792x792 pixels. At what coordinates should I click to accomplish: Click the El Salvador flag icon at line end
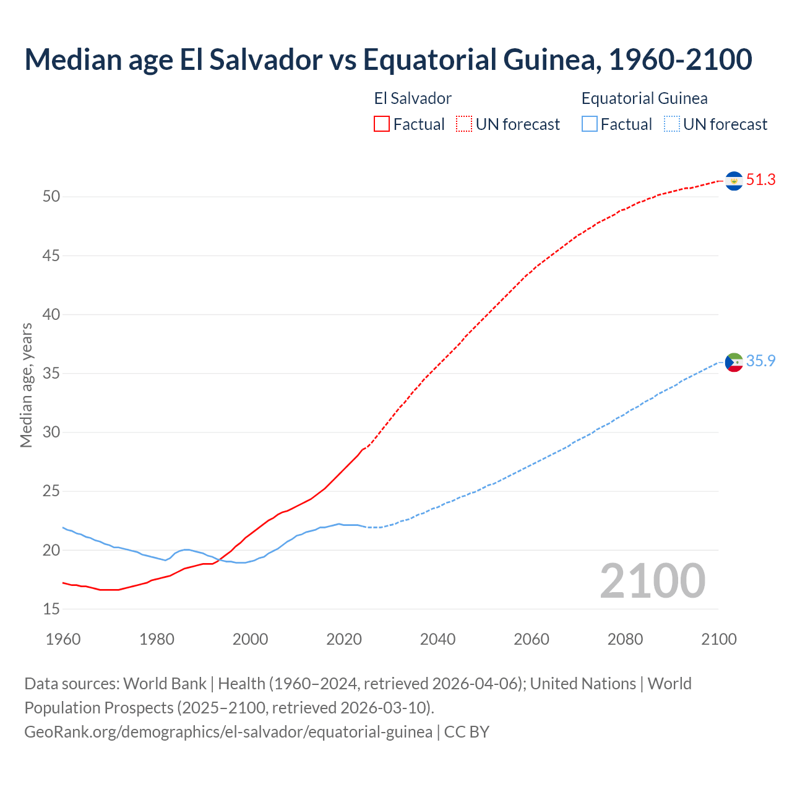pyautogui.click(x=734, y=181)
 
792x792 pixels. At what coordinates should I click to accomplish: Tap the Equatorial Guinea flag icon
pyautogui.click(x=734, y=362)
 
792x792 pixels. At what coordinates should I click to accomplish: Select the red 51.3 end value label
pyautogui.click(x=760, y=180)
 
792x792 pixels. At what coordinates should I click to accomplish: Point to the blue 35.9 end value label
pyautogui.click(x=760, y=361)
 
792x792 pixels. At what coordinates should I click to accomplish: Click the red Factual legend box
pyautogui.click(x=382, y=124)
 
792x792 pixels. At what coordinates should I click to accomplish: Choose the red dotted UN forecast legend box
pyautogui.click(x=464, y=124)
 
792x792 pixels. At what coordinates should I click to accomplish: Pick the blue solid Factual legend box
pyautogui.click(x=589, y=124)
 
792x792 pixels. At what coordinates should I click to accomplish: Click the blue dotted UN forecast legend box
pyautogui.click(x=671, y=124)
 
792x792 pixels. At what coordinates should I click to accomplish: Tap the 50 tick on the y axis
pyautogui.click(x=51, y=197)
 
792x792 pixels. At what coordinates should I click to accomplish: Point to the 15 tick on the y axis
pyautogui.click(x=51, y=609)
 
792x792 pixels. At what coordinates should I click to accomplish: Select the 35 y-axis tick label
pyautogui.click(x=51, y=374)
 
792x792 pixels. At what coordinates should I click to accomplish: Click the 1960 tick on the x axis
pyautogui.click(x=63, y=639)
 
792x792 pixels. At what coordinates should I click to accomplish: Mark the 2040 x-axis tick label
pyautogui.click(x=437, y=639)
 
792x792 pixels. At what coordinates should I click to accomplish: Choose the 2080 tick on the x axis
pyautogui.click(x=625, y=639)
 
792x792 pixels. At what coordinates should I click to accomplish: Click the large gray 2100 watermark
pyautogui.click(x=653, y=580)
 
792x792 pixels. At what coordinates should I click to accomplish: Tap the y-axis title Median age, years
pyautogui.click(x=26, y=385)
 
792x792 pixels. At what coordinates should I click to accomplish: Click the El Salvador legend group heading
pyautogui.click(x=413, y=98)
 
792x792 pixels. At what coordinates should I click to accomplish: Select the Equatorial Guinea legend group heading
pyautogui.click(x=644, y=98)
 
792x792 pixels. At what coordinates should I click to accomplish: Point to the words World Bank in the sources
pyautogui.click(x=165, y=684)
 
